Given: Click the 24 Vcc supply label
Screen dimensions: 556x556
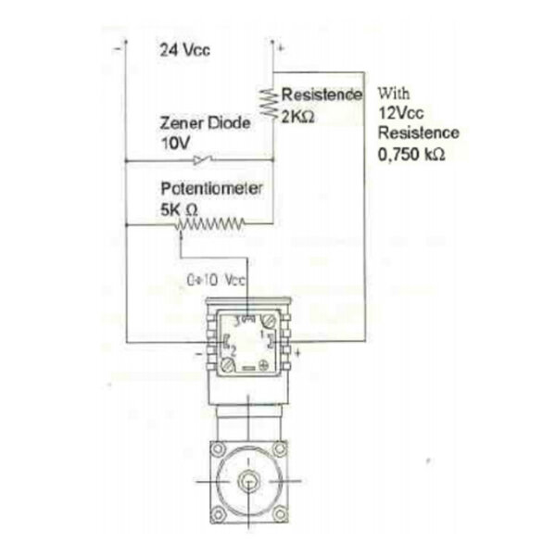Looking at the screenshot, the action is click(184, 50).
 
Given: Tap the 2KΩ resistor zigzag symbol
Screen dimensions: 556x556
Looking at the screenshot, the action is click(269, 103).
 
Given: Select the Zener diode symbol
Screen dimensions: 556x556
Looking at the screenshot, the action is click(203, 160).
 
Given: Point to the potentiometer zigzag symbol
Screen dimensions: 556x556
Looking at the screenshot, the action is click(210, 224).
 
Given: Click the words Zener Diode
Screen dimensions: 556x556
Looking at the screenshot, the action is click(206, 123).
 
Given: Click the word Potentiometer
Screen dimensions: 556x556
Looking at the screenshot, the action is click(211, 188).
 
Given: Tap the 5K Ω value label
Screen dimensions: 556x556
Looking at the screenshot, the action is click(179, 209).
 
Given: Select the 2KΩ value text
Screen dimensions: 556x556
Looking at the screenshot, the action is click(297, 117).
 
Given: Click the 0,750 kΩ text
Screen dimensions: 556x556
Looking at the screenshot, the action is click(411, 154).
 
